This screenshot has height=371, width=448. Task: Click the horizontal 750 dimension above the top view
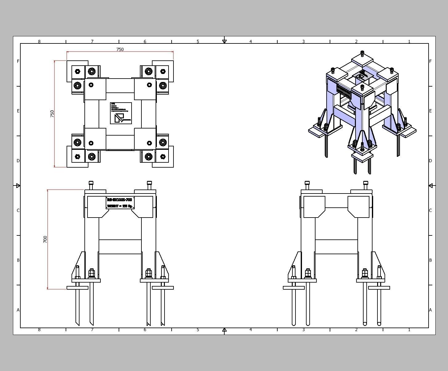point(120,49)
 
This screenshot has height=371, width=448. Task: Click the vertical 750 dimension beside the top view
point(52,114)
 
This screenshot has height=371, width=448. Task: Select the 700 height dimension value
point(45,239)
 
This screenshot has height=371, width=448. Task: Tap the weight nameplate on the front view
point(120,203)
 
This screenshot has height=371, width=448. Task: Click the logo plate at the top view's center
point(121,113)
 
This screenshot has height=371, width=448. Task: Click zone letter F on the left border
point(18,61)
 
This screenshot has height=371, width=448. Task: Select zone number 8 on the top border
point(39,41)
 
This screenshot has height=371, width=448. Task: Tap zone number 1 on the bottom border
point(409,330)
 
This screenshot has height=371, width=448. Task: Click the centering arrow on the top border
point(224,41)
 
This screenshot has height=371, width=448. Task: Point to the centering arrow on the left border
point(18,185)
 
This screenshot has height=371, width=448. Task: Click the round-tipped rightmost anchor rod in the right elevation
point(379,323)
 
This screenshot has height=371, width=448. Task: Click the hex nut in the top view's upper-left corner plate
point(77,71)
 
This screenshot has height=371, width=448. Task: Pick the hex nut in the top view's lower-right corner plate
point(163,157)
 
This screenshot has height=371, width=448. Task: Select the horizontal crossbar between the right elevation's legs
point(336,247)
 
